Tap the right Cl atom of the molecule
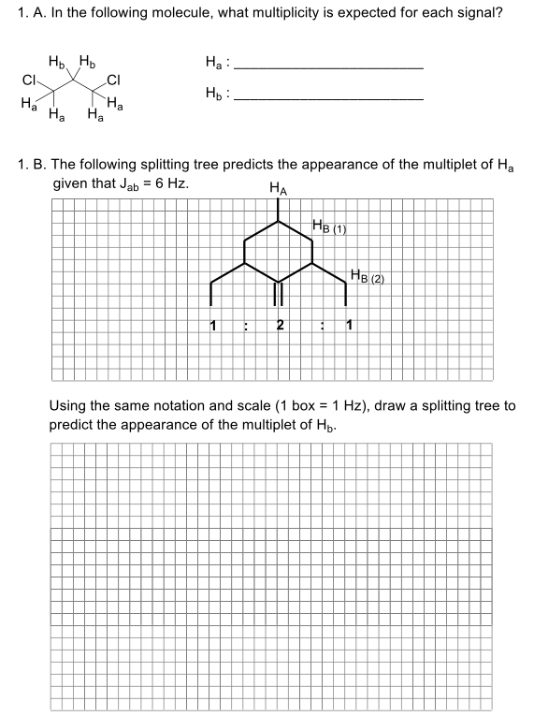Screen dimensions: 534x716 click(114, 80)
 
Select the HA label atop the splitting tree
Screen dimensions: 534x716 click(278, 188)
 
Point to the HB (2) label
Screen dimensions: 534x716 click(367, 276)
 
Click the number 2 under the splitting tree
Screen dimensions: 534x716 click(280, 327)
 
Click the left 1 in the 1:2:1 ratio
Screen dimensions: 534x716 click(213, 327)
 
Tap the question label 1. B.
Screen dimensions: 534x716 click(34, 164)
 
